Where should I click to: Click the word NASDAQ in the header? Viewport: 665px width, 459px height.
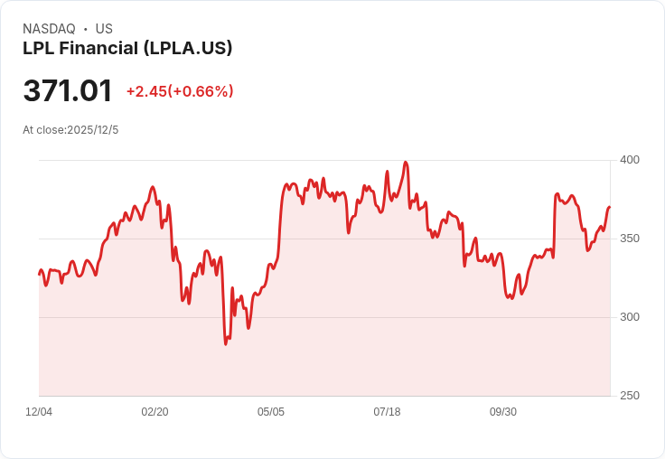tap(49, 29)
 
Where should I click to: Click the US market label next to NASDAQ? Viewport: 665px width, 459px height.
tap(104, 29)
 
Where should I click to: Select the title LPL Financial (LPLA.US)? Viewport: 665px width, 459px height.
tap(127, 48)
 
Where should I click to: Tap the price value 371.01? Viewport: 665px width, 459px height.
tap(68, 91)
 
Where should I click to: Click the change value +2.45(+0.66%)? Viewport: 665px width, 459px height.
tap(180, 91)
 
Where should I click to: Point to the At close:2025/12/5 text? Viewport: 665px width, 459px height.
tap(70, 130)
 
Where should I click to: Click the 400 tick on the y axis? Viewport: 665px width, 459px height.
tap(630, 160)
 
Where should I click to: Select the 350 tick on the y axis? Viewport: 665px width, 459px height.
tap(630, 239)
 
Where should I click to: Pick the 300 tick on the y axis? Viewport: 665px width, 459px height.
tap(630, 317)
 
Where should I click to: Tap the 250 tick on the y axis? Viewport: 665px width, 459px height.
tap(630, 396)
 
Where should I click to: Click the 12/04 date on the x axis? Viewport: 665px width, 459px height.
tap(39, 412)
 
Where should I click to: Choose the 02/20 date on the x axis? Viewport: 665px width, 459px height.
tap(155, 412)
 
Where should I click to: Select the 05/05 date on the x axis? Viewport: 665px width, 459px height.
tap(271, 412)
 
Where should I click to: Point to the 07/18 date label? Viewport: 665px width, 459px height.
tap(387, 412)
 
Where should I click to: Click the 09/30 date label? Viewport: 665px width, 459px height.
tap(503, 412)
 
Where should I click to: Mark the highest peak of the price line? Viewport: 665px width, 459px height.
tap(406, 163)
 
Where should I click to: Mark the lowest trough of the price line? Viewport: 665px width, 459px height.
tap(226, 344)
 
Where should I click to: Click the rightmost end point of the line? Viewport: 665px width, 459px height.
tap(610, 207)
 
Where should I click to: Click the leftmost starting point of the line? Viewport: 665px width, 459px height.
tap(39, 274)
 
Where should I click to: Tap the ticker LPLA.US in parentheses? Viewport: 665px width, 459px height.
tap(192, 48)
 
